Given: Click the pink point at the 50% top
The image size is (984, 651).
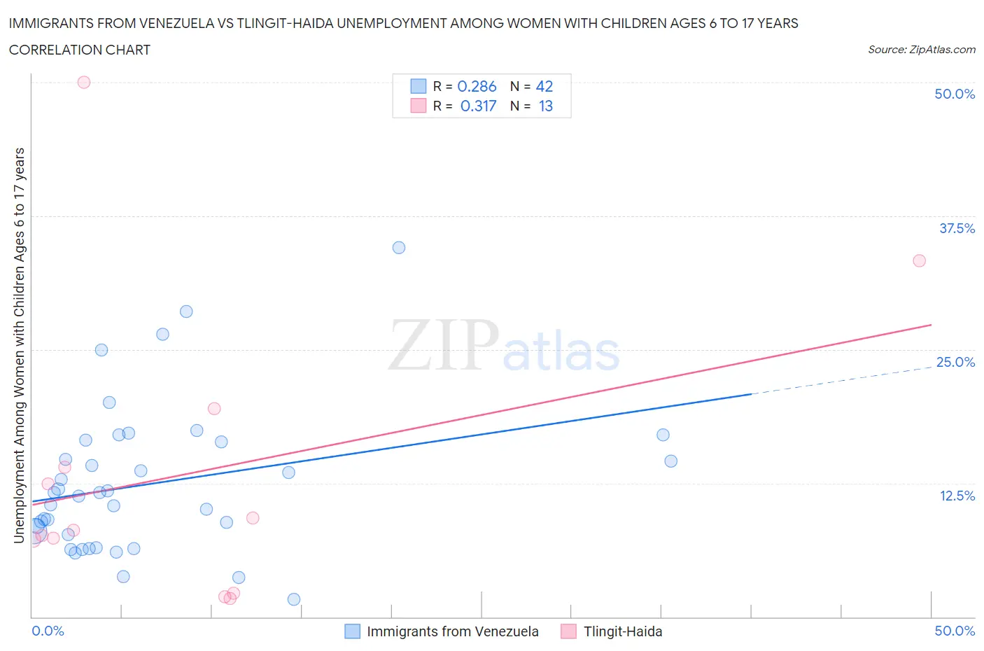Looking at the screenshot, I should pyautogui.click(x=84, y=82).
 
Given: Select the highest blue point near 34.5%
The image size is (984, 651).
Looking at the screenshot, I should pyautogui.click(x=399, y=248).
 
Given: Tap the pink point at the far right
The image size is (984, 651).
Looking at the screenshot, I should pyautogui.click(x=920, y=260).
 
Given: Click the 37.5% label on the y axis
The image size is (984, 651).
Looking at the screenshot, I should pyautogui.click(x=957, y=228).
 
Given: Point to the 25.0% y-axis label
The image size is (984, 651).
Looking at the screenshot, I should pyautogui.click(x=955, y=362).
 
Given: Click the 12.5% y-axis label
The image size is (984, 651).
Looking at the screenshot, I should pyautogui.click(x=957, y=496).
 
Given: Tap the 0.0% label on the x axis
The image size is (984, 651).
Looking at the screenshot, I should pyautogui.click(x=48, y=631).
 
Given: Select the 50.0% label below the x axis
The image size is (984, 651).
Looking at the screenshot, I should pyautogui.click(x=955, y=631).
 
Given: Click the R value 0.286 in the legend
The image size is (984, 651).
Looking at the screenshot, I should pyautogui.click(x=477, y=86).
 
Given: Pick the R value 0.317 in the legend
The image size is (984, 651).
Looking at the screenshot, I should pyautogui.click(x=478, y=106).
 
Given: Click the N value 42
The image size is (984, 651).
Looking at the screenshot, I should pyautogui.click(x=544, y=86).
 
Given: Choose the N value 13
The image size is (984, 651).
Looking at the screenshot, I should pyautogui.click(x=546, y=106).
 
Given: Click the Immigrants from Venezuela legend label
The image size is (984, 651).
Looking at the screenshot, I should pyautogui.click(x=453, y=631).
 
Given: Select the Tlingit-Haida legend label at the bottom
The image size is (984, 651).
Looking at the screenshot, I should pyautogui.click(x=623, y=631).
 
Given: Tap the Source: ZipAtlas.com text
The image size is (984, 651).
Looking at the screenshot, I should pyautogui.click(x=922, y=49).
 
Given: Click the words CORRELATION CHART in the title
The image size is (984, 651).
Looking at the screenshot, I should pyautogui.click(x=80, y=50).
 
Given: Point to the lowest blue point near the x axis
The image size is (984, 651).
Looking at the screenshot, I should pyautogui.click(x=294, y=599).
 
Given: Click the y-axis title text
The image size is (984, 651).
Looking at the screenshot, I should pyautogui.click(x=20, y=345).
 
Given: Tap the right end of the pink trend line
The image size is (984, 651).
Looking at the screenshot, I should pyautogui.click(x=931, y=325).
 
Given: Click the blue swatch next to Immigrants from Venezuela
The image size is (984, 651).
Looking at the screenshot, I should pyautogui.click(x=353, y=631).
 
